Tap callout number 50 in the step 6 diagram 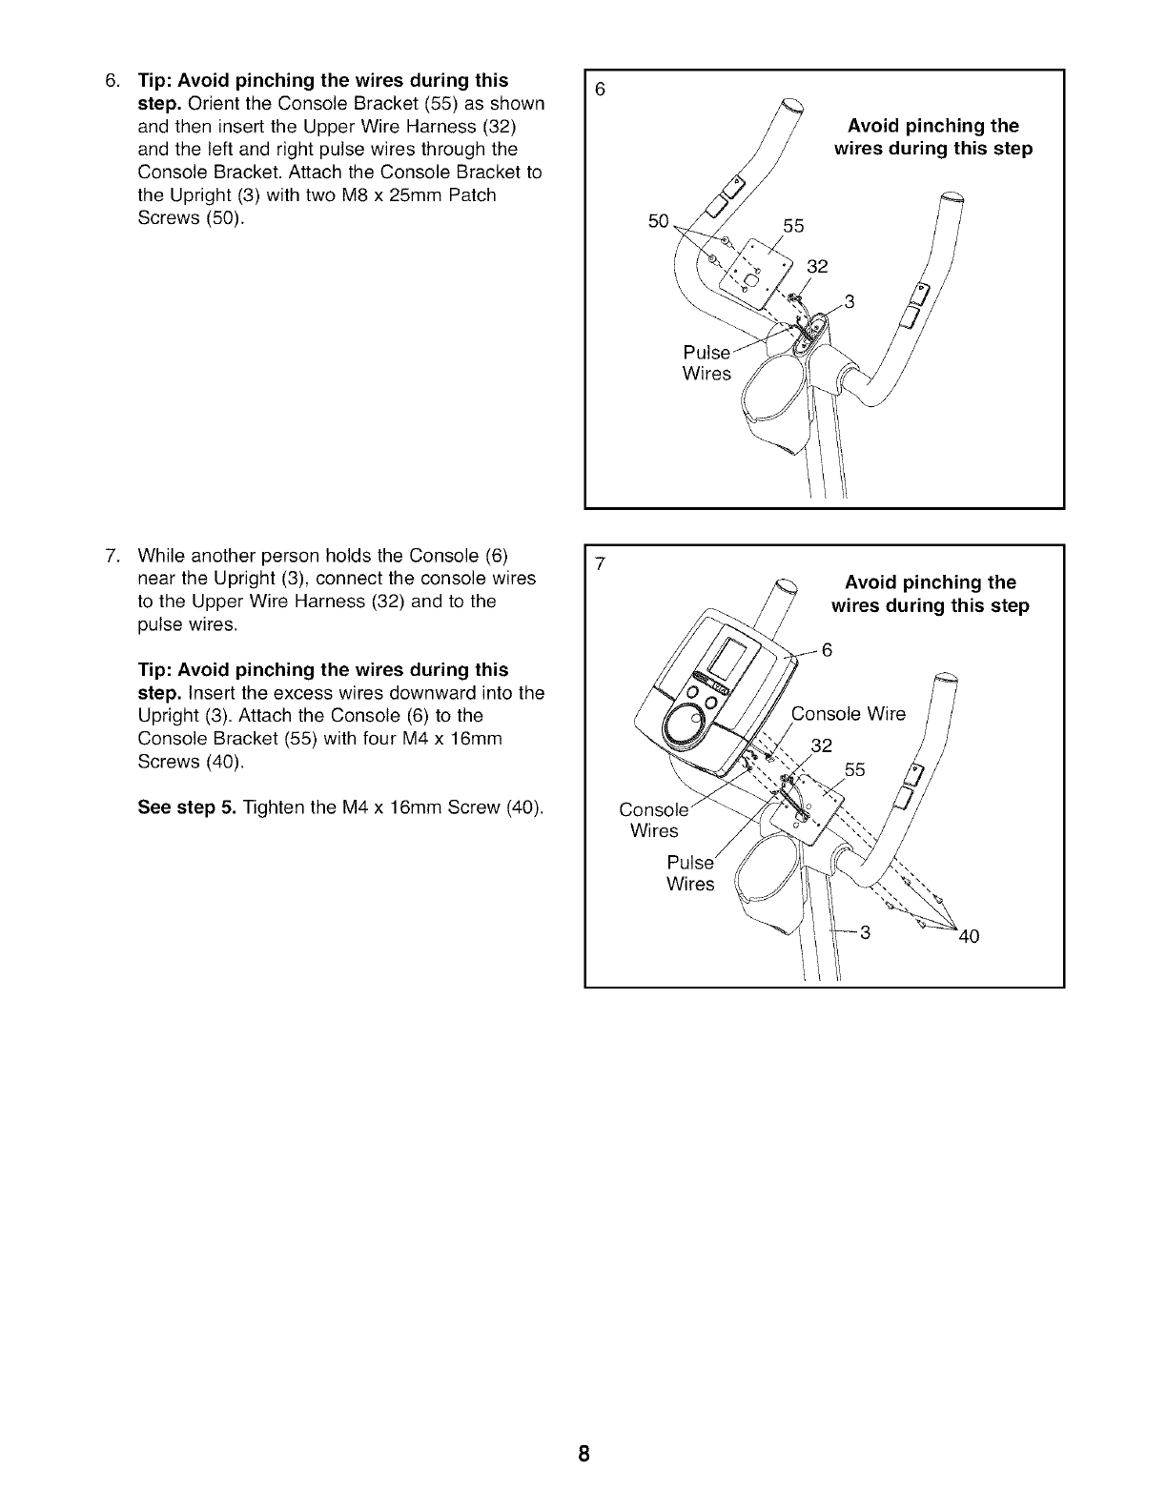[x=658, y=221]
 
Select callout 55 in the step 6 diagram [x=793, y=227]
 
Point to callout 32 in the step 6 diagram [x=817, y=267]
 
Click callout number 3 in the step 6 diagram [x=850, y=303]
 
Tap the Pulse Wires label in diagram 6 [x=706, y=363]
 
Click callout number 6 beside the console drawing [x=827, y=651]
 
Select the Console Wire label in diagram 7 [x=849, y=715]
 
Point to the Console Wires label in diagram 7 [x=653, y=821]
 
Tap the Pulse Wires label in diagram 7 [x=690, y=873]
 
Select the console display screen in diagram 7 [x=732, y=658]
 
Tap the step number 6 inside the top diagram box [x=600, y=90]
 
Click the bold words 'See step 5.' [x=187, y=808]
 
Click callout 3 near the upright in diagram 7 [x=866, y=932]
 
